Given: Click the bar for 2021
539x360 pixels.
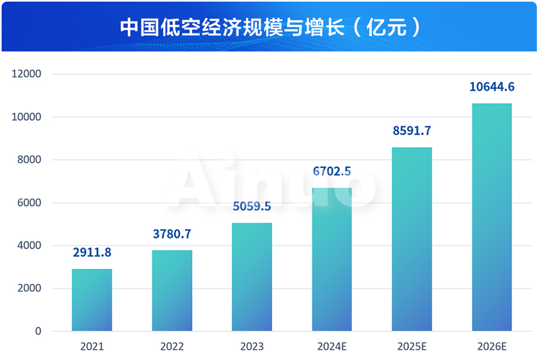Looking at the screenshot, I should tap(92, 300).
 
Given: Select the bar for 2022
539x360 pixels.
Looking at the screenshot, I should tap(172, 290).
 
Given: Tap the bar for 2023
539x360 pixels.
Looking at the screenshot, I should tap(252, 276).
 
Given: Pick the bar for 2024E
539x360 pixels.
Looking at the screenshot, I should tap(331, 259).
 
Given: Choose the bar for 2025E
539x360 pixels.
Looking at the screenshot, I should tap(412, 239).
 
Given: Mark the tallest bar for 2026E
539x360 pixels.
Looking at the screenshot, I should tap(492, 217).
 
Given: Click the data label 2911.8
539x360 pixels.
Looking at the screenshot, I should tap(92, 252).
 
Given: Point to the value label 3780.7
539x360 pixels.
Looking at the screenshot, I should tap(172, 234).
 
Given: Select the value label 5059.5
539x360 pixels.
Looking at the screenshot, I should tap(252, 206).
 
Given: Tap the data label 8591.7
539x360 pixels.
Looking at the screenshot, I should tap(412, 131).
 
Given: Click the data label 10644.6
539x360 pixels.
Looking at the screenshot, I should tap(492, 86).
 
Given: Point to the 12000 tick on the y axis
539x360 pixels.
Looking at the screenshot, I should tap(27, 74).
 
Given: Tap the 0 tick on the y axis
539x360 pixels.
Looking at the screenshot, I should tap(38, 331).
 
